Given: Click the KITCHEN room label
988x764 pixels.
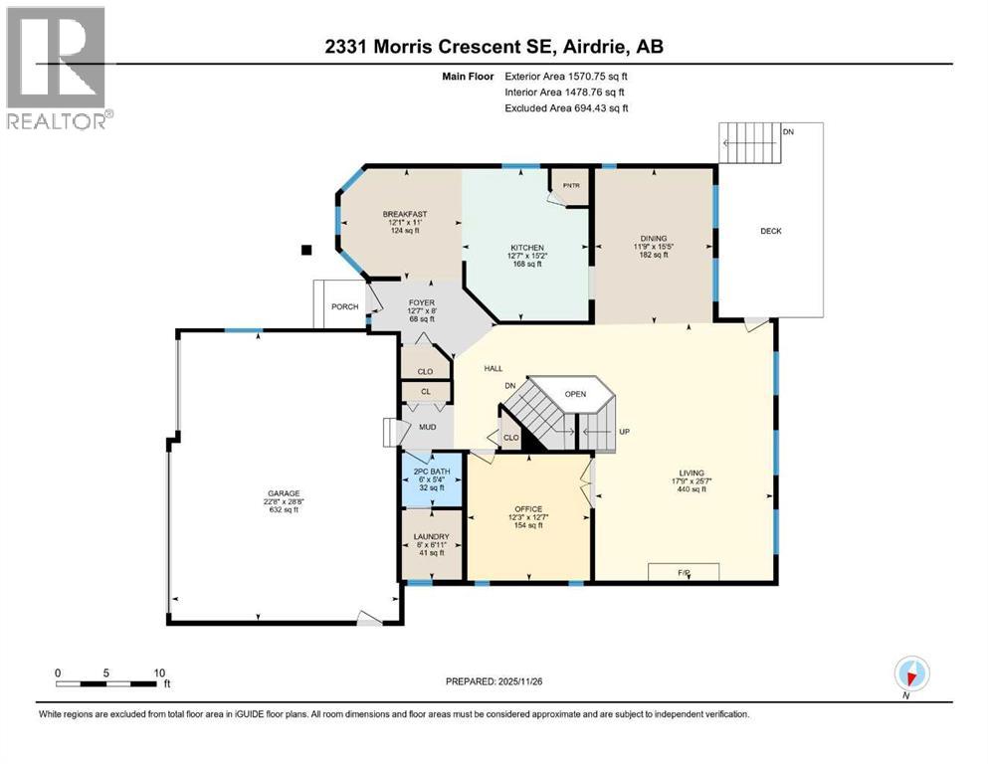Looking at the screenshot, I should point(526,247).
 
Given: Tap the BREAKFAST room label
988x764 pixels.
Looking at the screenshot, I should point(405,214).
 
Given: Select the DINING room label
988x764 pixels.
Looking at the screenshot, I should point(653,238).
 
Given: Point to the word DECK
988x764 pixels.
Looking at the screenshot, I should point(771,231).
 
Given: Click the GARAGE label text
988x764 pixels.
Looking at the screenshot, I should point(282,493).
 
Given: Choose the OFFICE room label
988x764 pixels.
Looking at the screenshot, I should point(528,507).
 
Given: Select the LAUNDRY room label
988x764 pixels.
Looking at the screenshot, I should point(431,537).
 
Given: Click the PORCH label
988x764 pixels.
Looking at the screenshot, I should point(344,307).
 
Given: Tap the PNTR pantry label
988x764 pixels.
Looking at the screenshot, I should point(571,185).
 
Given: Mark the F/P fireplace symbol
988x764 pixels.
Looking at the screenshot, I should point(684,572).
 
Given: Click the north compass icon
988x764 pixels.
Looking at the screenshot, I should point(910,675).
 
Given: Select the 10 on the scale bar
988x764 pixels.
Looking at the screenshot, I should point(158,672).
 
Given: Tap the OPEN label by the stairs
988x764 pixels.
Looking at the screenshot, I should point(575,393).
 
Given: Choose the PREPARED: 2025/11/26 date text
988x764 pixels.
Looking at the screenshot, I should point(494,681).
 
